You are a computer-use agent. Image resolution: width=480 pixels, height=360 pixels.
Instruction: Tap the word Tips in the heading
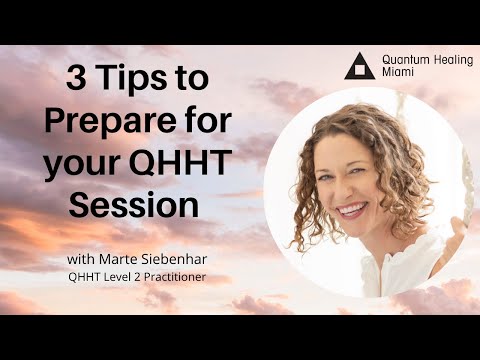click(130, 78)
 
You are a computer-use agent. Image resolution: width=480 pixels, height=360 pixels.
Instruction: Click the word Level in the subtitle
click(105, 278)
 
